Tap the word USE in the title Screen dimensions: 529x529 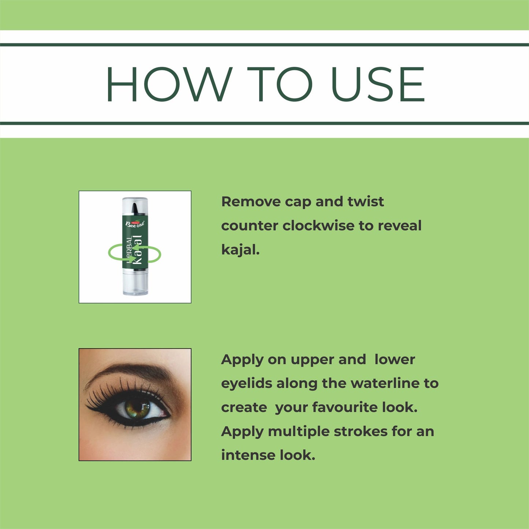pos(378,84)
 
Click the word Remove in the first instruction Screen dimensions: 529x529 pos(251,202)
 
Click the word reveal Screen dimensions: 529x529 pos(400,226)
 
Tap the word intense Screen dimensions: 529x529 pos(248,455)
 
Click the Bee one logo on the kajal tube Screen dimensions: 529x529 pos(135,224)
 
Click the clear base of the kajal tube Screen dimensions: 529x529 pos(135,283)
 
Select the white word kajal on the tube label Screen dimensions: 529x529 pos(137,250)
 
